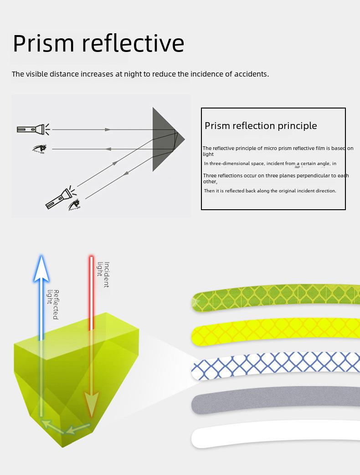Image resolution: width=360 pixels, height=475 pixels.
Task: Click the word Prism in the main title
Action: [44, 43]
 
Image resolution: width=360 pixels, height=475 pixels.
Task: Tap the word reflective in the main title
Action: [133, 43]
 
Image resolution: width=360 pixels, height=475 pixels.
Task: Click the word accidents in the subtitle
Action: [251, 74]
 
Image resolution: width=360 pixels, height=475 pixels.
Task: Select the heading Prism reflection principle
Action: [261, 126]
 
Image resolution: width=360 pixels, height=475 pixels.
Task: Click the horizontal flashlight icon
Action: [33, 129]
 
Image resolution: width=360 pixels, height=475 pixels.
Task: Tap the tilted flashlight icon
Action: [61, 197]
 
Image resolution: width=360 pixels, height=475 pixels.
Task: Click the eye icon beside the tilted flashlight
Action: [74, 205]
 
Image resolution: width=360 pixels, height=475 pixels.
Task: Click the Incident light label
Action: [103, 274]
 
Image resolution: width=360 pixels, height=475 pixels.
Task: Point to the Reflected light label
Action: [53, 305]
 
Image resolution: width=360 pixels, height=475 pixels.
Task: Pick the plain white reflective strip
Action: [276, 433]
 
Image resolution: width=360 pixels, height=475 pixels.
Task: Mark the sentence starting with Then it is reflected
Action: [270, 191]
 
